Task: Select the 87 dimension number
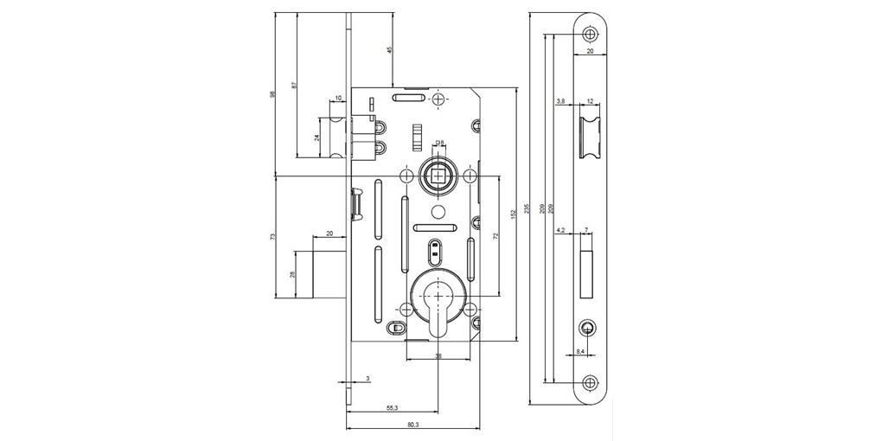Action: click(x=294, y=85)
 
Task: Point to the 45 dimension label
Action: click(x=390, y=50)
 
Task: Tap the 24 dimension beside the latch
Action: click(x=316, y=137)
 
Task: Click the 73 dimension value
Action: click(x=272, y=235)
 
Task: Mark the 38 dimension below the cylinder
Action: click(x=438, y=355)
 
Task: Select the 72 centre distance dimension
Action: click(x=496, y=235)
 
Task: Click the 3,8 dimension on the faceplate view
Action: click(x=560, y=102)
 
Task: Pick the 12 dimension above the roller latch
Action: click(x=591, y=102)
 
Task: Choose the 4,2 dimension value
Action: click(x=560, y=231)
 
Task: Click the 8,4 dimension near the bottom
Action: click(x=581, y=351)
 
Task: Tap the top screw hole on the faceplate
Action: click(x=590, y=34)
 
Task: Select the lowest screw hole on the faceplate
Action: click(x=590, y=382)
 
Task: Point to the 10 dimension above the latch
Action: click(x=338, y=98)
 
